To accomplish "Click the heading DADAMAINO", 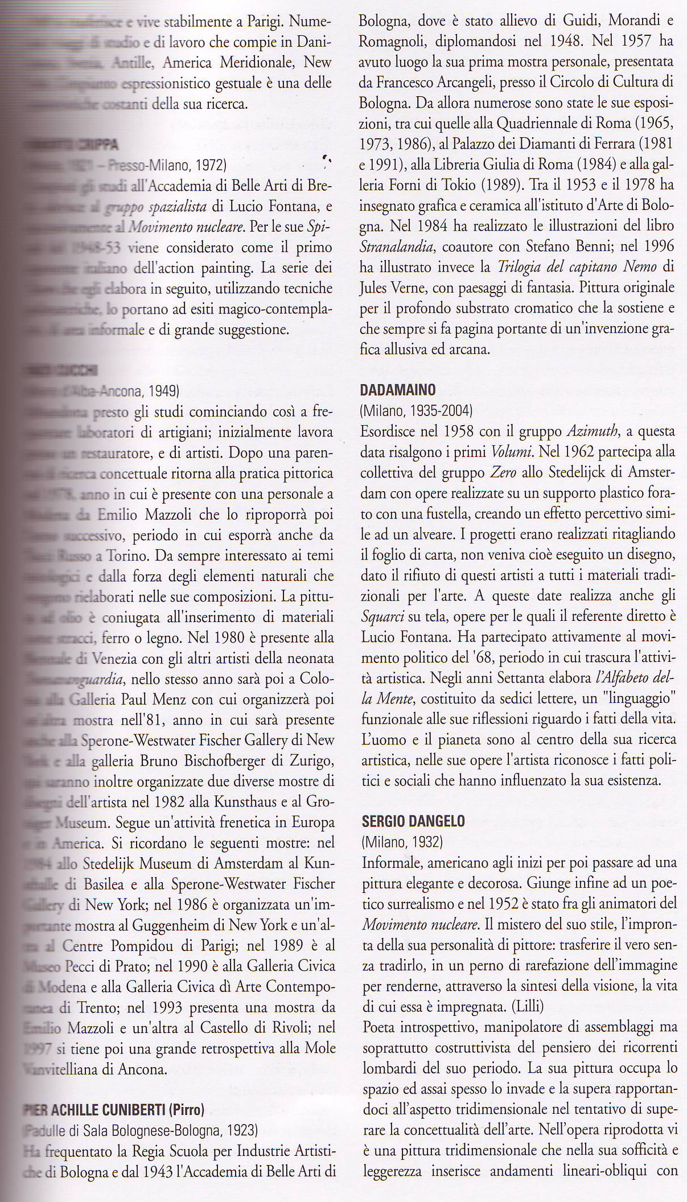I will [398, 390].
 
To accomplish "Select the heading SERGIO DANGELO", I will [413, 821].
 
